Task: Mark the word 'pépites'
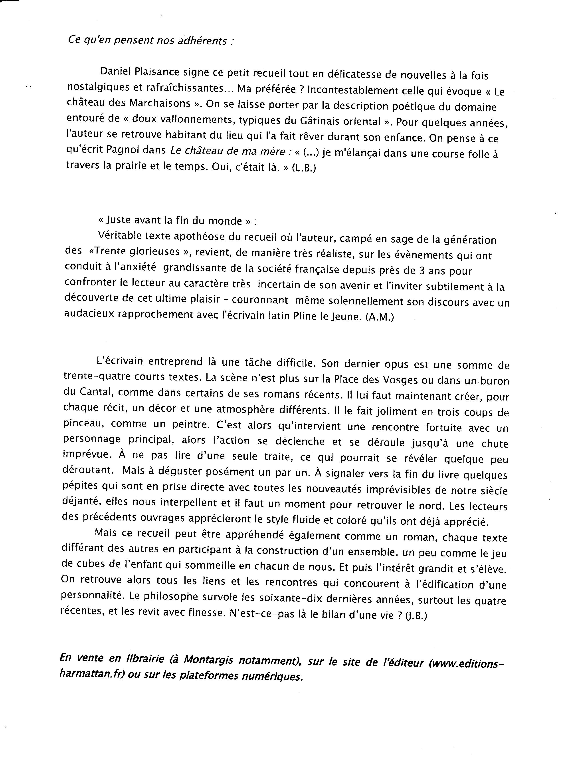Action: click(x=79, y=487)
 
